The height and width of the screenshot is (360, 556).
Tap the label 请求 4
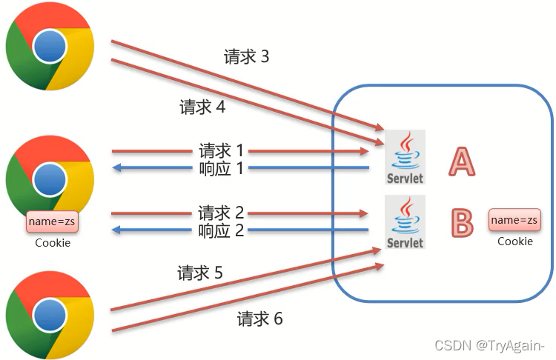pyautogui.click(x=202, y=107)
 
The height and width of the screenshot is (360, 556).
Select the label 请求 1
pyautogui.click(x=222, y=150)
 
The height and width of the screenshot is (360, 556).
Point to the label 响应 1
pyautogui.click(x=222, y=168)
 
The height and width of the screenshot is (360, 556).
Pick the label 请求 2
pyautogui.click(x=222, y=213)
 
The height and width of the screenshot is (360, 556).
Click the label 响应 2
pyautogui.click(x=222, y=230)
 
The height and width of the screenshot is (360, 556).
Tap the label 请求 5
pyautogui.click(x=200, y=273)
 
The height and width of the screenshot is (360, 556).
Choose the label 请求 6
pyautogui.click(x=260, y=319)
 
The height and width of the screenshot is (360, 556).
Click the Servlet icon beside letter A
pyautogui.click(x=405, y=158)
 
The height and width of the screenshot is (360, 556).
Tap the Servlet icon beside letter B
pyautogui.click(x=405, y=221)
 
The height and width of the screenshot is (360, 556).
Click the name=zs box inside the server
pyautogui.click(x=514, y=220)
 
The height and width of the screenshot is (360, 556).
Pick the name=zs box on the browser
pyautogui.click(x=52, y=221)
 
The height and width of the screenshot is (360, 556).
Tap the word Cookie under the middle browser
pyautogui.click(x=53, y=242)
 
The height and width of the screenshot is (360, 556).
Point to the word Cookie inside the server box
pyautogui.click(x=514, y=241)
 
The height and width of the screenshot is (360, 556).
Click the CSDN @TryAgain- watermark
pyautogui.click(x=489, y=345)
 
